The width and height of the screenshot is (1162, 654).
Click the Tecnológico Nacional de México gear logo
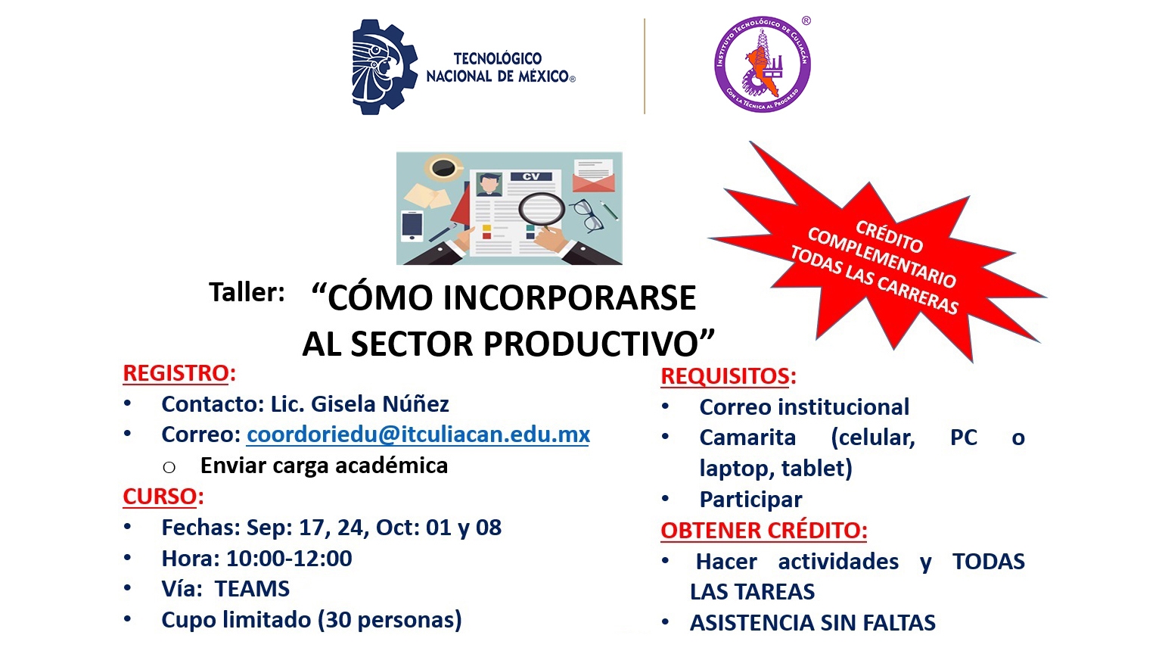click(384, 67)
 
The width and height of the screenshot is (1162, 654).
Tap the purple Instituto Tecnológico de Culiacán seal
click(762, 64)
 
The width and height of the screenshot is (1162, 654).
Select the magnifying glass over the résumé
click(542, 210)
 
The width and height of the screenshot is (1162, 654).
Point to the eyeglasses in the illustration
click(588, 215)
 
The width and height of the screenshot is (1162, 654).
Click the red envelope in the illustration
click(593, 176)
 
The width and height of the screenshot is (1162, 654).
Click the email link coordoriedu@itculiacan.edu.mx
click(418, 434)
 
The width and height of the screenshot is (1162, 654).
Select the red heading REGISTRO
click(176, 373)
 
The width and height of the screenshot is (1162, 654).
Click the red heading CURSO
click(160, 497)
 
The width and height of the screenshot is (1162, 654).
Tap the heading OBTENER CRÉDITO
click(763, 530)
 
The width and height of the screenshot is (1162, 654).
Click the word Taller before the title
click(247, 291)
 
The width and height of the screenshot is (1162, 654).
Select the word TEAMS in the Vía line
click(252, 589)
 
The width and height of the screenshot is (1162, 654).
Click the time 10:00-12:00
click(290, 558)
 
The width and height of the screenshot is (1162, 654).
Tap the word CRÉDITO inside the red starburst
click(889, 236)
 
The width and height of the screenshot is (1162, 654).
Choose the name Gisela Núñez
click(380, 403)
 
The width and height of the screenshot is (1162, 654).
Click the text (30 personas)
click(390, 620)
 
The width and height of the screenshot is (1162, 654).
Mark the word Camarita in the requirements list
click(747, 438)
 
